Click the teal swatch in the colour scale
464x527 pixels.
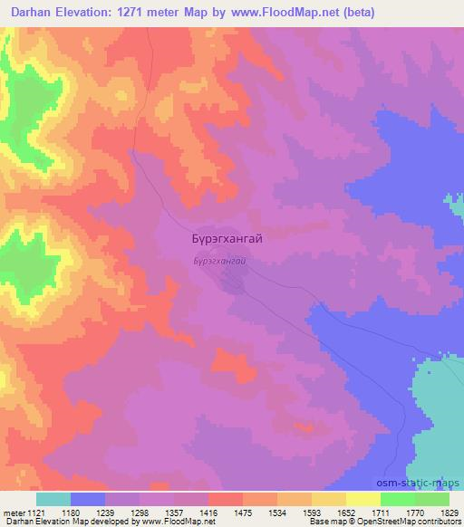[x=53, y=499]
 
